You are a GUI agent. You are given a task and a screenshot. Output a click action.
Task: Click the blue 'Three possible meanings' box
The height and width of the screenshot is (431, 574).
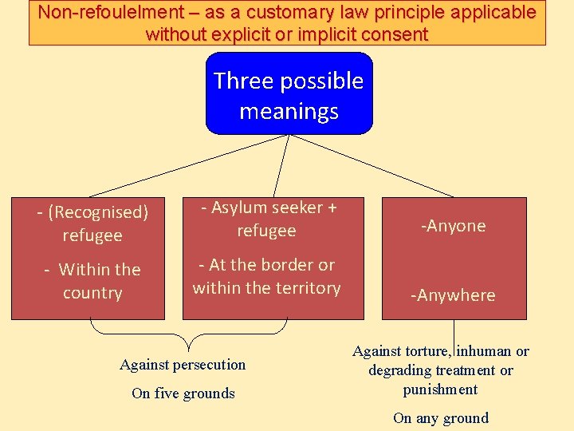[x=289, y=94]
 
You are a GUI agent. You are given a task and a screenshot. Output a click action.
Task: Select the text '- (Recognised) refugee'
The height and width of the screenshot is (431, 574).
[x=92, y=224]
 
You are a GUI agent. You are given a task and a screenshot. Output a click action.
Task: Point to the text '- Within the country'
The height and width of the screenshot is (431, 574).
[x=92, y=281]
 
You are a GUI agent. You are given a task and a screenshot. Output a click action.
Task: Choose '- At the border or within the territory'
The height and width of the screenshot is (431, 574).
[x=266, y=276]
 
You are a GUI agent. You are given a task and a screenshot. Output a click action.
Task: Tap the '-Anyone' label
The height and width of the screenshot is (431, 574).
[x=454, y=226]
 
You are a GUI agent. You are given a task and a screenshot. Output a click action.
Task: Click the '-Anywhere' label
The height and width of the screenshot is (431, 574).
[x=453, y=295]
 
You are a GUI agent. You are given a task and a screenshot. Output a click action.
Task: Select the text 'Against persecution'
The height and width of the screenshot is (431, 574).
[x=183, y=365]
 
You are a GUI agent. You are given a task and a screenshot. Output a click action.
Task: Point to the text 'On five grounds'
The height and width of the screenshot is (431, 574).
[x=183, y=393]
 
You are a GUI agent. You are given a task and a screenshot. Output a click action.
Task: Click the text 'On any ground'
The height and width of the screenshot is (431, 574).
[x=440, y=417]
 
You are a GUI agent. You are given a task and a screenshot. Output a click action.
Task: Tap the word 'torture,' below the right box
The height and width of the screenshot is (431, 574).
[x=425, y=351]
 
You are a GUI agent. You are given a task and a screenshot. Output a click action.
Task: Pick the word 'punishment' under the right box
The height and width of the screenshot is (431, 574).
[x=440, y=389]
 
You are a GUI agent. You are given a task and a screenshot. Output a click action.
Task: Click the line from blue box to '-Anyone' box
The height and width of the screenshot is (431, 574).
[x=373, y=165]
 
